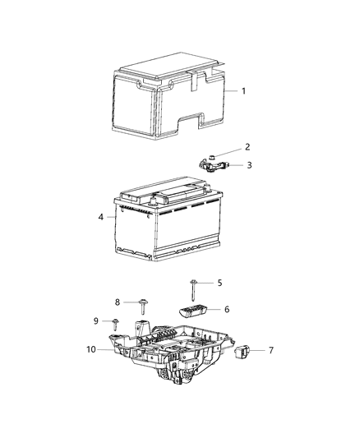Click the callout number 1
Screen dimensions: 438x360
coord(243,91)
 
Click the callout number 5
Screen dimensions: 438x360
coord(219,283)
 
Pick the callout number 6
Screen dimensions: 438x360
coord(227,310)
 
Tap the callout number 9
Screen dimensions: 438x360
coord(95,320)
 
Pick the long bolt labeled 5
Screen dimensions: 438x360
coord(192,288)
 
